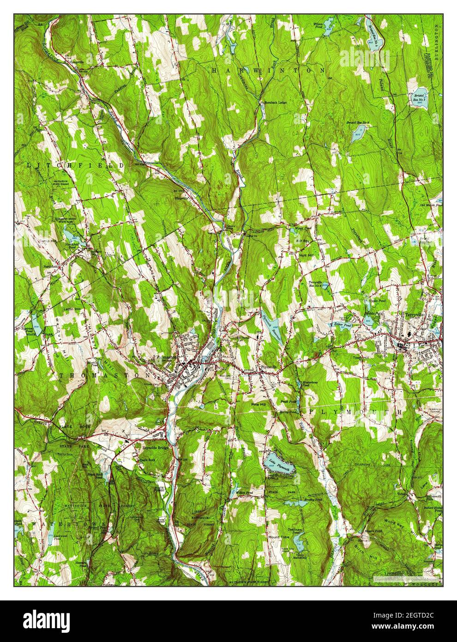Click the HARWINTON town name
click(268, 70)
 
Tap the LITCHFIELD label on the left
click(76, 165)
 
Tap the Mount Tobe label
click(278, 538)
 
